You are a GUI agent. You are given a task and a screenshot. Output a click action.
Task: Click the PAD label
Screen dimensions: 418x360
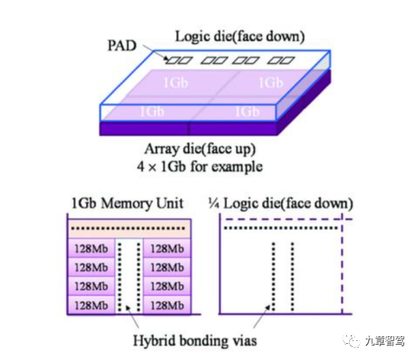(122, 46)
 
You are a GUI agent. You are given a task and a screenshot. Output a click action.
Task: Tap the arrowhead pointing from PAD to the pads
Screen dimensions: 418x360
(166, 59)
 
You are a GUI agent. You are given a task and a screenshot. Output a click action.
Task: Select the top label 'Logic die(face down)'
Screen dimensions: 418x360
(240, 37)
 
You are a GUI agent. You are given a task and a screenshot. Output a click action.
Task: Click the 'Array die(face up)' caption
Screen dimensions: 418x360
(200, 149)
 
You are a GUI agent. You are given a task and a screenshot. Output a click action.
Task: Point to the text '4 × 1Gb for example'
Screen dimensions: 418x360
(200, 167)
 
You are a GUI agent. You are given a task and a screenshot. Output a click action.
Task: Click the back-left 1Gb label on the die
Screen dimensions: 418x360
(175, 83)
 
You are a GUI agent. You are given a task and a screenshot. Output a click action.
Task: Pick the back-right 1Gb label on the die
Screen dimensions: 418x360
(271, 83)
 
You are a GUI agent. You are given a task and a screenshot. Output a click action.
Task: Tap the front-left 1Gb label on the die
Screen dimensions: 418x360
(152, 111)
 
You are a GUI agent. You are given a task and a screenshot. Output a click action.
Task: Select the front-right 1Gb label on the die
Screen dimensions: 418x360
(247, 111)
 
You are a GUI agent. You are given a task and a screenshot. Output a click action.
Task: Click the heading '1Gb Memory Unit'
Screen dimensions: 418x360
(127, 204)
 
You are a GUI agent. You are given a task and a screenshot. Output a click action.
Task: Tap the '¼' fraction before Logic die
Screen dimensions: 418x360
(214, 204)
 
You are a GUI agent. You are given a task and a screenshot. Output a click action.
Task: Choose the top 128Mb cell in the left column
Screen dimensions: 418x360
(91, 248)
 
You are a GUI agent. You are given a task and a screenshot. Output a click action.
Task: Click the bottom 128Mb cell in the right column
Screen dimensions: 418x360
(167, 305)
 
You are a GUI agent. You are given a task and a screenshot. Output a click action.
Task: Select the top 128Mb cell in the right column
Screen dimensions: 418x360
(167, 248)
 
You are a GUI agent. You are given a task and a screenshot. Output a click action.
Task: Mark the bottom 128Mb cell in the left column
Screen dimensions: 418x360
(91, 305)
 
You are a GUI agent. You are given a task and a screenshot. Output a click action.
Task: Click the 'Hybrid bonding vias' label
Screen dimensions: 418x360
(195, 341)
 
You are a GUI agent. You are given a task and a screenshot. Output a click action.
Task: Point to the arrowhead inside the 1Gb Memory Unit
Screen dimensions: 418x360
(128, 308)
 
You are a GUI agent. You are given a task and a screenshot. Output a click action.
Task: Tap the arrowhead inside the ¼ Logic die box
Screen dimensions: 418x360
(267, 308)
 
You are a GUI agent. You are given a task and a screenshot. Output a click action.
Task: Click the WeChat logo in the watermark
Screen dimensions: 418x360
(351, 341)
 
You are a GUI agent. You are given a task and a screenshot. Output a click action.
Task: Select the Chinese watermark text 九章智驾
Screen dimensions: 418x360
(384, 341)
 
